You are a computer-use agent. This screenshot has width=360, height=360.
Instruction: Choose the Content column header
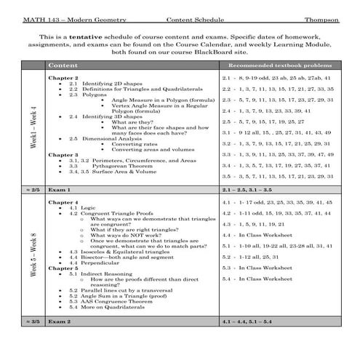(65, 65)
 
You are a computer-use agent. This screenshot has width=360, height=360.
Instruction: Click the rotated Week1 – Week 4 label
(34, 129)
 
